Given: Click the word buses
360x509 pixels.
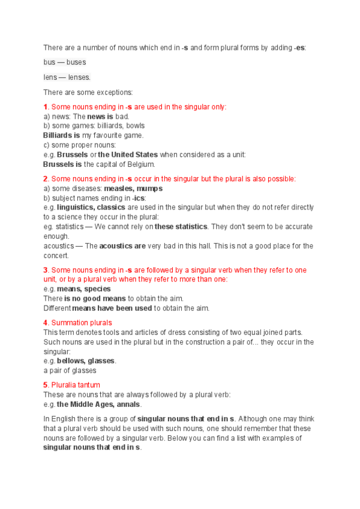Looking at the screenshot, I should tap(76, 62).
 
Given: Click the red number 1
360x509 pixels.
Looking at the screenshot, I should tap(45, 107).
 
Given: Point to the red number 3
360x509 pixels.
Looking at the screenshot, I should tap(45, 270).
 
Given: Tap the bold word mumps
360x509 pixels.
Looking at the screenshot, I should tap(149, 188).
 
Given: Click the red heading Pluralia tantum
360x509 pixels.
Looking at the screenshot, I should tap(76, 385).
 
